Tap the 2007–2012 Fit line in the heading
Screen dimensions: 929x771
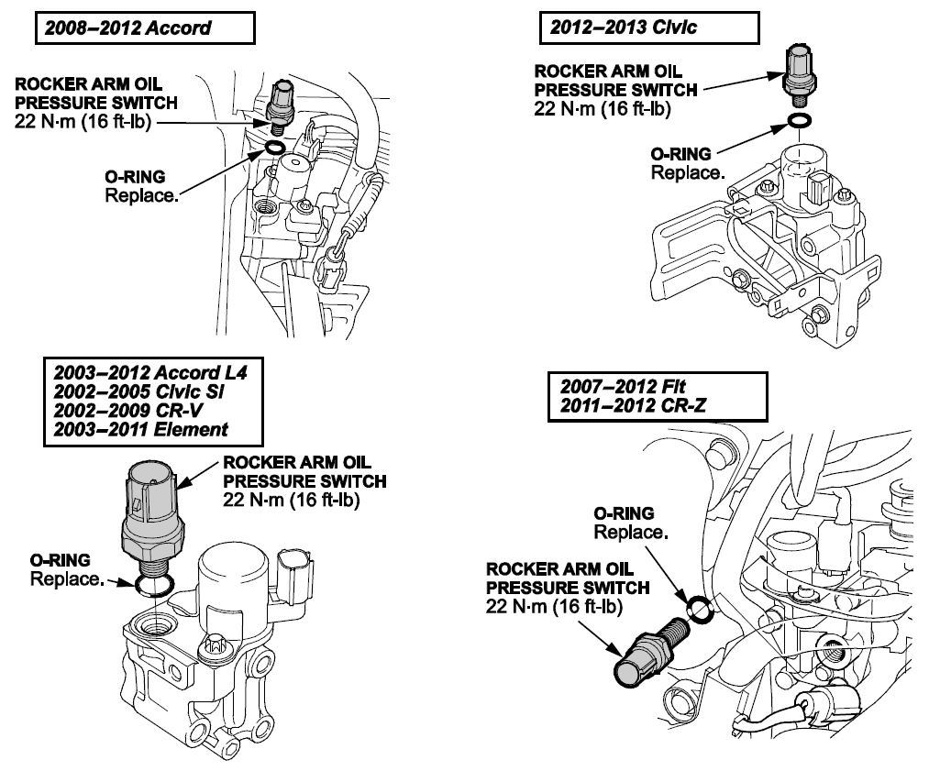[x=623, y=387]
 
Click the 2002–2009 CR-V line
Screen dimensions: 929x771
[x=128, y=411]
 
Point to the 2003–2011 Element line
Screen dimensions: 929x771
[x=141, y=429]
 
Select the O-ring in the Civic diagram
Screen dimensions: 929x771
[x=800, y=120]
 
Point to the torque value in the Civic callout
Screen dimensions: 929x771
[x=603, y=109]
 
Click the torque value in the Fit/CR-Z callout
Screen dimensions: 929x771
[x=554, y=607]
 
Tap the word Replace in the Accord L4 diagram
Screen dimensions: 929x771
[x=67, y=579]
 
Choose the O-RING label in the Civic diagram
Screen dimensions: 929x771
[x=680, y=154]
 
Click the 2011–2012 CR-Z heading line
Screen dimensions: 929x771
[x=634, y=405]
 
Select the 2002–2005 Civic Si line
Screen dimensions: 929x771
[x=138, y=391]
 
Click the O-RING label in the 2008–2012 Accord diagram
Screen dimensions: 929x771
[x=135, y=176]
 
